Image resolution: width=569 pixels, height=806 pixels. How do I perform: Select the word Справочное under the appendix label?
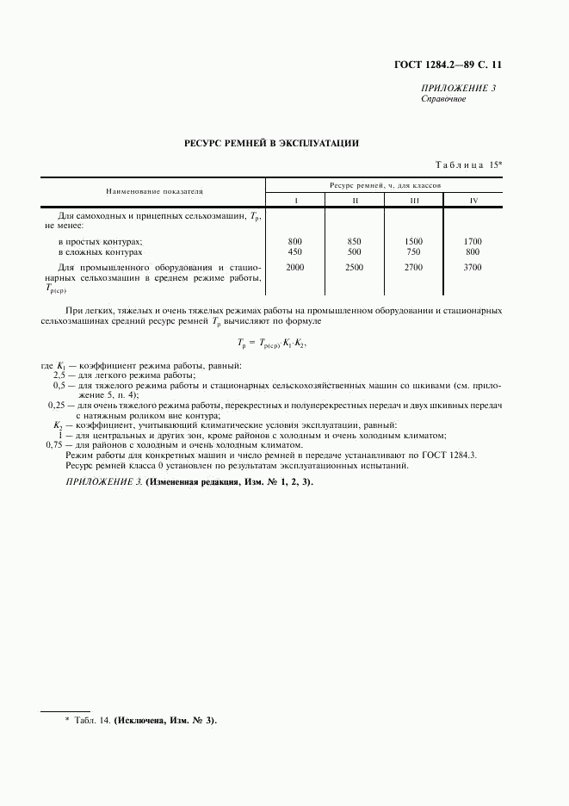[443, 99]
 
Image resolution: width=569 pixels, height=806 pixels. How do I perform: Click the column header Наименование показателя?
[153, 189]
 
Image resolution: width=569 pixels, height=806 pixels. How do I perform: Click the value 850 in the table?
[355, 241]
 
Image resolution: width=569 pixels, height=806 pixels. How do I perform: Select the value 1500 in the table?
[414, 241]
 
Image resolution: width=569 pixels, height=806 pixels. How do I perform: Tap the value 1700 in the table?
[472, 241]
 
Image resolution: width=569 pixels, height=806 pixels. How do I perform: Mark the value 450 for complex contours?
[295, 252]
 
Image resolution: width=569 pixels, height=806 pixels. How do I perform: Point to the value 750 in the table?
[414, 252]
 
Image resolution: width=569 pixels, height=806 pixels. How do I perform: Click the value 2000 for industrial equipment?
[295, 268]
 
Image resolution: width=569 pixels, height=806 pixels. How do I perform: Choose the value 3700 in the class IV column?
[472, 268]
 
